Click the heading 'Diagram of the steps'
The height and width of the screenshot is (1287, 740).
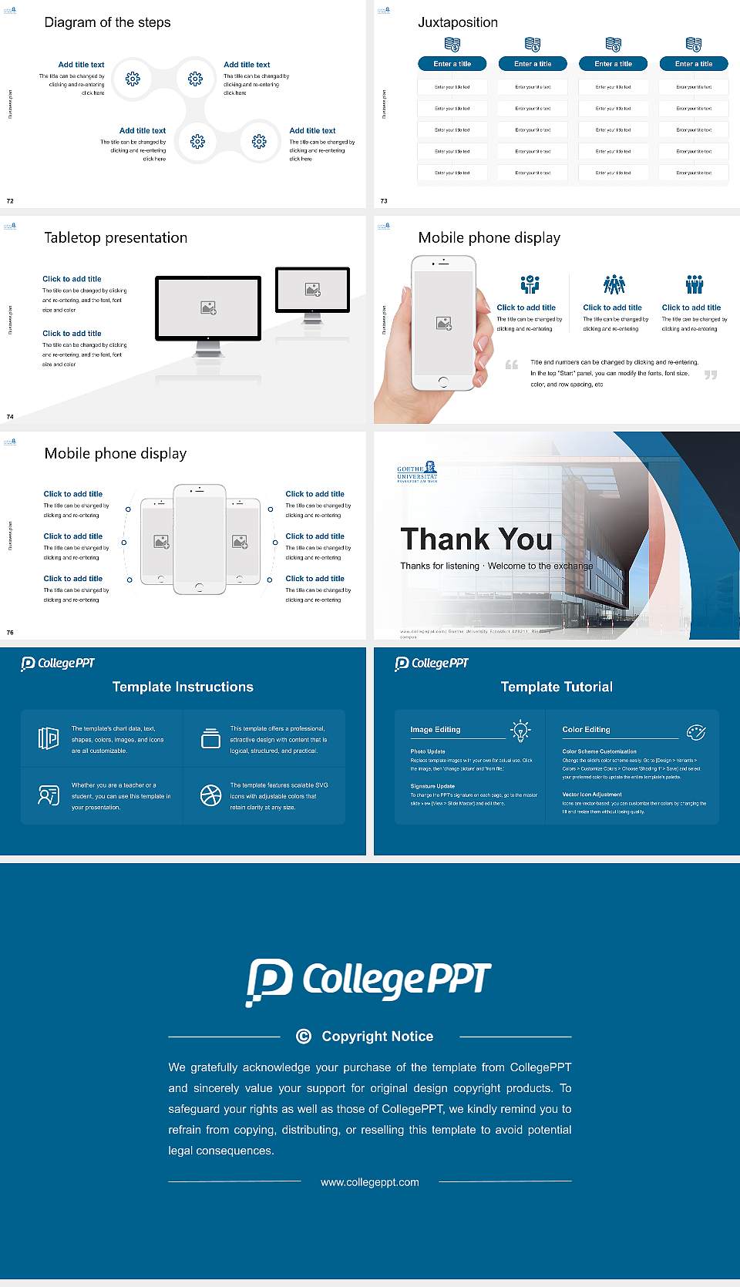tap(107, 22)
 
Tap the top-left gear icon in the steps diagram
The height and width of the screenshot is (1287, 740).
tap(133, 78)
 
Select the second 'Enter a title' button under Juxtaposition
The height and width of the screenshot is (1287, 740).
tap(533, 64)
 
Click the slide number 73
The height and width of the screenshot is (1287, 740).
tap(384, 201)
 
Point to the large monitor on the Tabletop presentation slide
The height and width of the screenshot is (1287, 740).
tap(208, 308)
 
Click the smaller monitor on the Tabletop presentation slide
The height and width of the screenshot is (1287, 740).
tap(312, 290)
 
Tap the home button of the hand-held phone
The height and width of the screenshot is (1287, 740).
tap(442, 381)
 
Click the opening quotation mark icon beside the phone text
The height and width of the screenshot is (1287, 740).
tap(512, 365)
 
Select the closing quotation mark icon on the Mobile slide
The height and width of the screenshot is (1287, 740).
tap(711, 375)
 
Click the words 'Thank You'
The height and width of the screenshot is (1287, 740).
tap(476, 539)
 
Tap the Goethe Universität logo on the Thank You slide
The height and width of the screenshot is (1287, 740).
tap(417, 472)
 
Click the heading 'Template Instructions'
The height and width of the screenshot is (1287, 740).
tap(183, 687)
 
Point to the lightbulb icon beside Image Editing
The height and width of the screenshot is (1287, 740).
tap(520, 731)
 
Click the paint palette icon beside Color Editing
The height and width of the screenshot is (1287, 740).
tap(696, 732)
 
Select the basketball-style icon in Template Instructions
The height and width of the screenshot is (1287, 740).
tap(210, 795)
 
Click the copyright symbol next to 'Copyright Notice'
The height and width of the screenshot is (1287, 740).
tap(304, 1037)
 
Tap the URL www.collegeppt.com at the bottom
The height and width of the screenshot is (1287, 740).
tap(370, 1182)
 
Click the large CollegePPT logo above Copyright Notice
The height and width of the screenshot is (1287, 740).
tap(368, 981)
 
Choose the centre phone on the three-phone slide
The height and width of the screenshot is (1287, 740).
tap(200, 539)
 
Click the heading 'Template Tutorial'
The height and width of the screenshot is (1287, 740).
tap(557, 687)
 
